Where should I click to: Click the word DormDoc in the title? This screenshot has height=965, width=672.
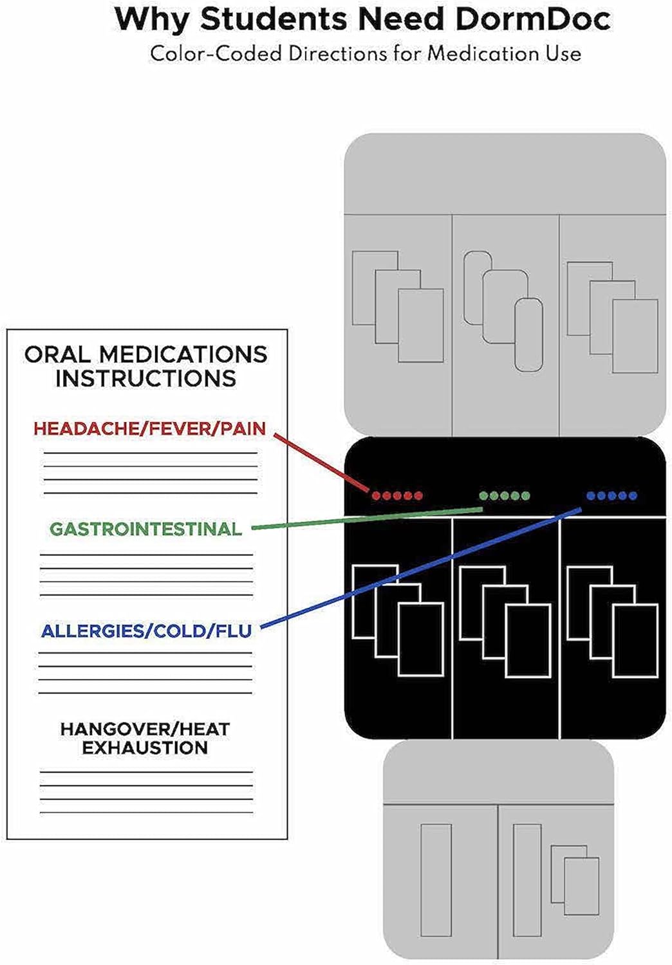tap(533, 19)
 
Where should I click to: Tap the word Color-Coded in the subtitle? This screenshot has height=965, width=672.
tap(216, 54)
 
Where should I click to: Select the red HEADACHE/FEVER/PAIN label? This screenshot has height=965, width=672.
tap(149, 428)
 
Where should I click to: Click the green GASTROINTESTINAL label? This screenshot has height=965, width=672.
tap(146, 529)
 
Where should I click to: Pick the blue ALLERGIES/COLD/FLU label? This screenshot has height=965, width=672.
tap(147, 631)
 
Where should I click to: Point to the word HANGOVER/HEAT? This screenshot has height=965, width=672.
tap(145, 730)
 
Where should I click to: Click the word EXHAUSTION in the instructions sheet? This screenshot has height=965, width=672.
tap(145, 748)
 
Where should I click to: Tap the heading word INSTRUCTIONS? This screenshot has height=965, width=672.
tap(145, 378)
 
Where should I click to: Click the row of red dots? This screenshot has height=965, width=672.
tap(397, 496)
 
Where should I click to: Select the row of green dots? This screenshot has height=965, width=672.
tap(505, 496)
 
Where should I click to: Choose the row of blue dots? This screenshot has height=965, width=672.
tap(611, 496)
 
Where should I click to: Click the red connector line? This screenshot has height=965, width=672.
tap(322, 463)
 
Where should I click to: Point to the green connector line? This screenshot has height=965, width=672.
tap(368, 519)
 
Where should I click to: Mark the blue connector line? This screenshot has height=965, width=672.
tap(421, 568)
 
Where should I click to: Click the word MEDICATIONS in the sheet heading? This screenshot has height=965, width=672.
tap(183, 354)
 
